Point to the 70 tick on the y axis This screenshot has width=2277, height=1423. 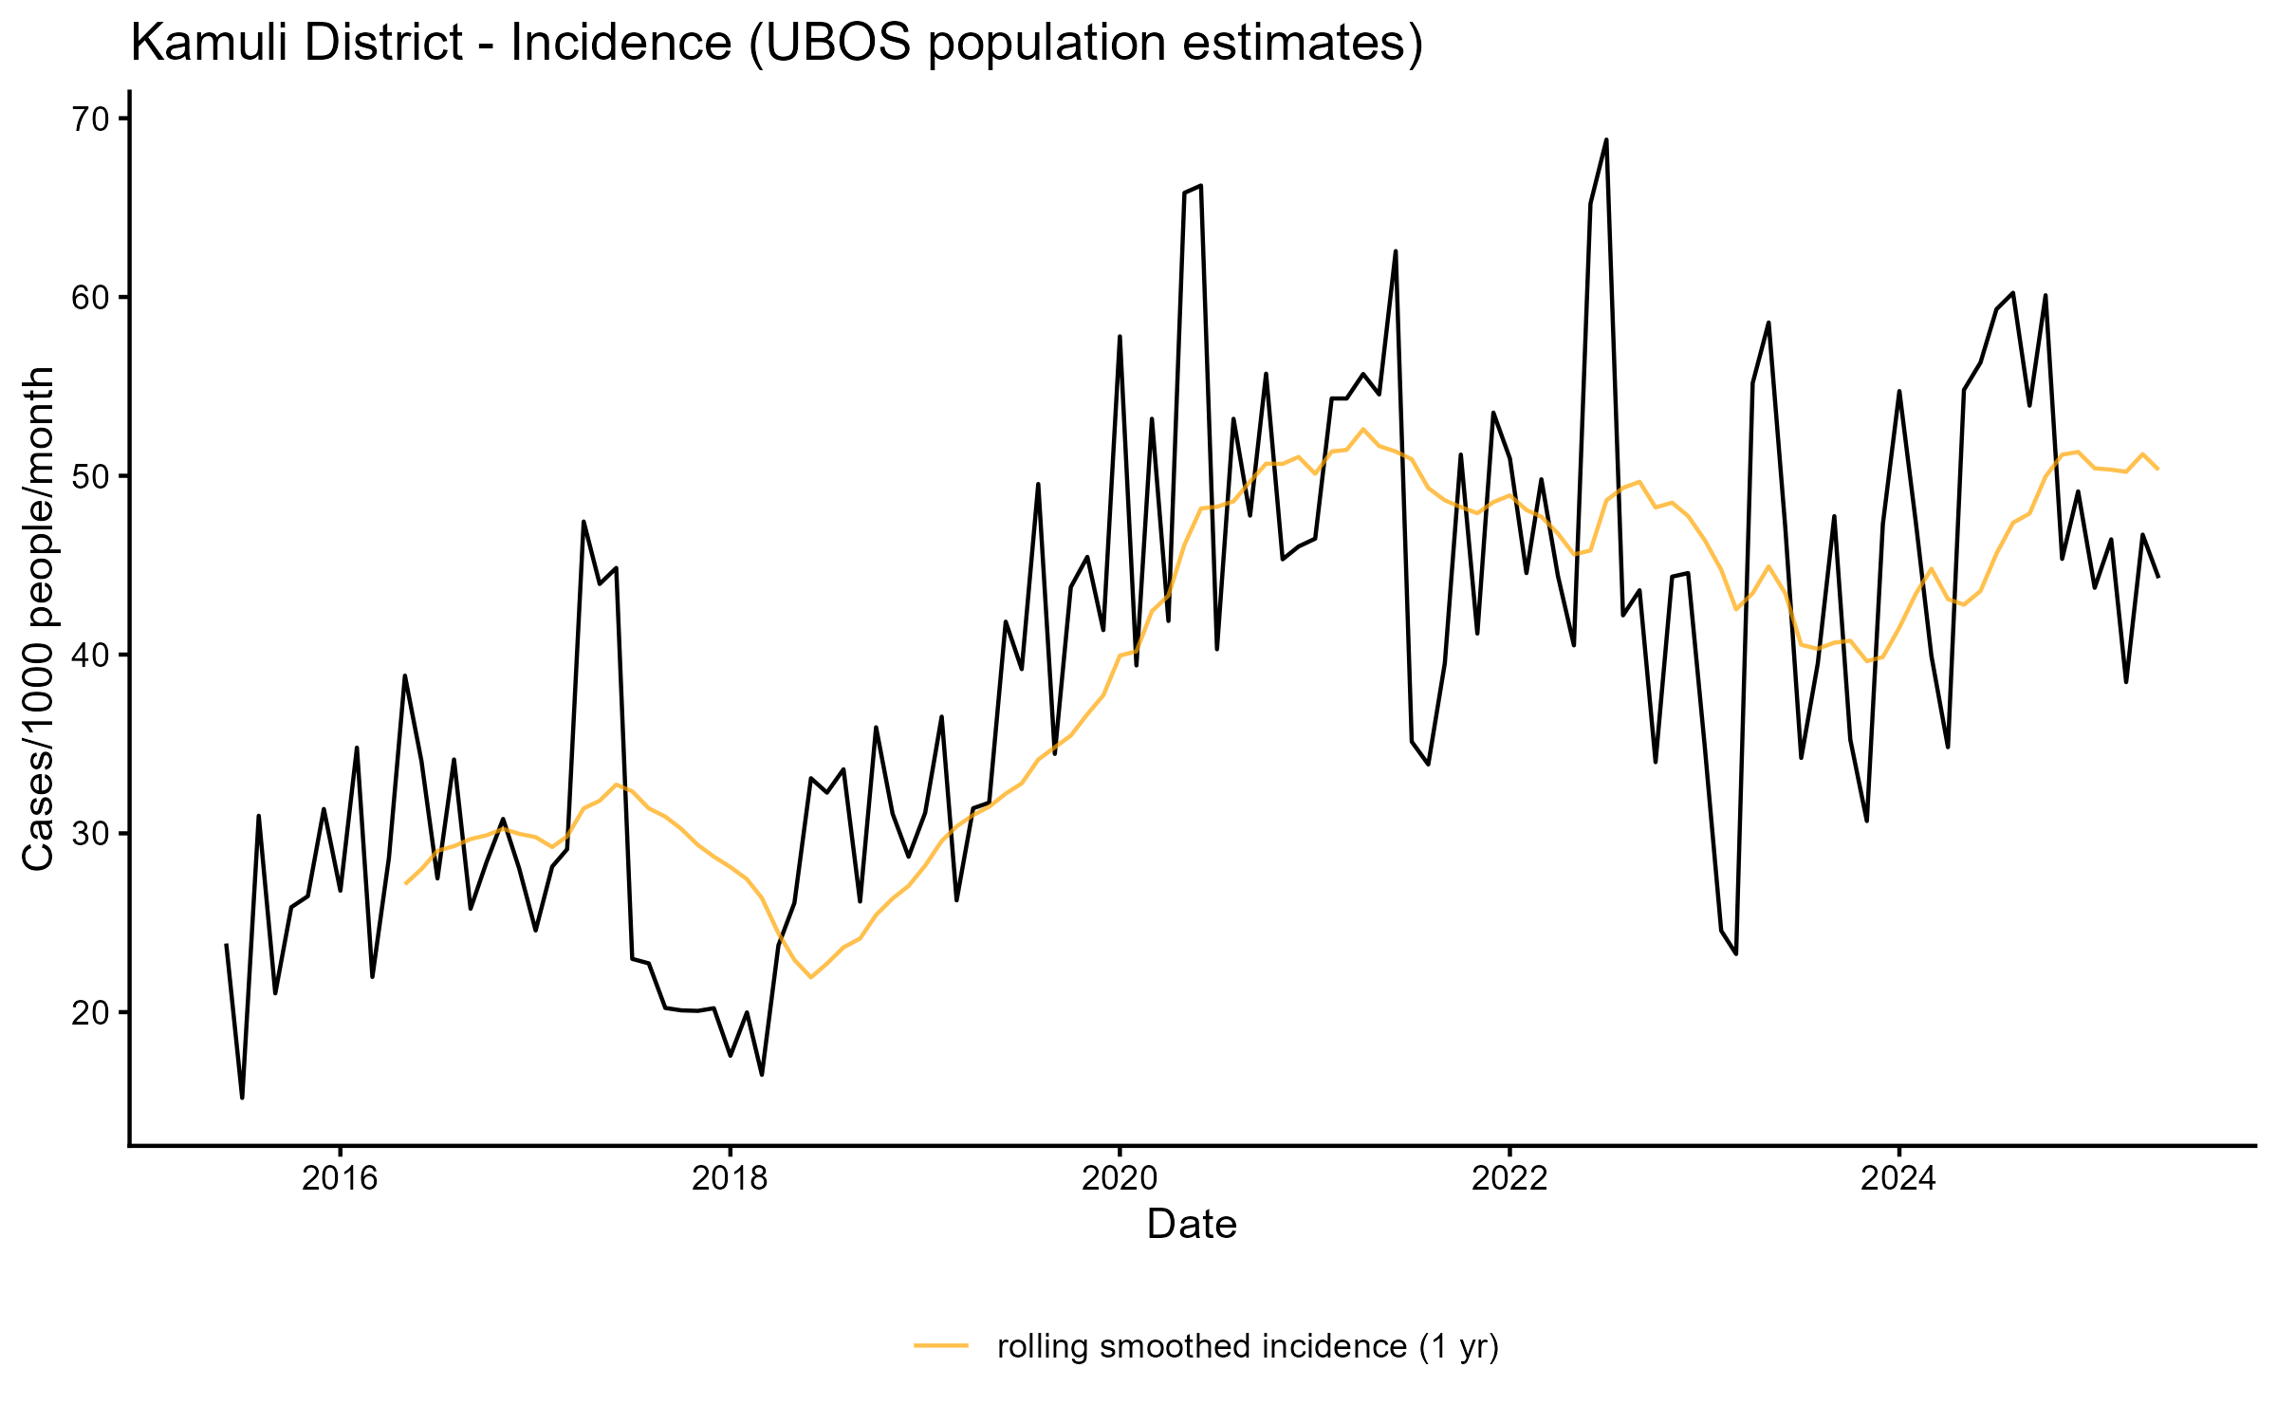99,119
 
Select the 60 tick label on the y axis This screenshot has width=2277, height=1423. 99,297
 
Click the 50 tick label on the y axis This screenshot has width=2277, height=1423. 99,476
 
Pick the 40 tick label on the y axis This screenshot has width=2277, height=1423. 99,655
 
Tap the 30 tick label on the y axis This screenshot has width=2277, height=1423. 99,834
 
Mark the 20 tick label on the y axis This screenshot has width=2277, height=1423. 99,1012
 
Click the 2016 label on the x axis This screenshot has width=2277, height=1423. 340,1178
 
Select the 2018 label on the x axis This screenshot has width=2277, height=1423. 730,1178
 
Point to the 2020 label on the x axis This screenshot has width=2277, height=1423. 1120,1178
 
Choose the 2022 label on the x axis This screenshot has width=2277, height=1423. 1509,1178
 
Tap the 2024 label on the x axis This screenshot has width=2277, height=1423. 1899,1178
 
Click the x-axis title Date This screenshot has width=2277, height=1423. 1192,1225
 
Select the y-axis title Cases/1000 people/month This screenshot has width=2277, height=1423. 38,619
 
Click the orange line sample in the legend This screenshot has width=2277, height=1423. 941,1345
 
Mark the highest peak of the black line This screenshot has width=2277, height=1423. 1606,139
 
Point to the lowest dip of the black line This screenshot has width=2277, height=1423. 242,1098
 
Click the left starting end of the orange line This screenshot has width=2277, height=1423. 406,883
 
